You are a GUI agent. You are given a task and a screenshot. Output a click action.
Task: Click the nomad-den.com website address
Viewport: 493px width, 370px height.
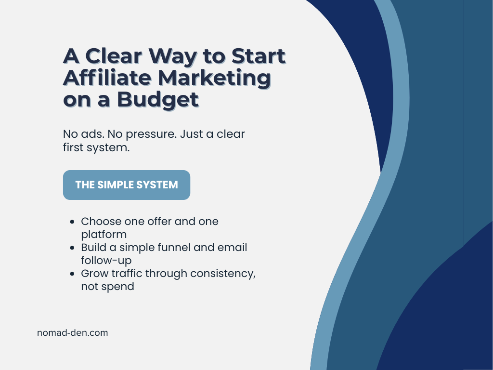[x=72, y=332]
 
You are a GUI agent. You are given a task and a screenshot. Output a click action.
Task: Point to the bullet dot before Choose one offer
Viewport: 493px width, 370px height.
[x=72, y=222]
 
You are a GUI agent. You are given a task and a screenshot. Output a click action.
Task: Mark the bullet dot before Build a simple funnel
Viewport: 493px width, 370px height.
[x=72, y=248]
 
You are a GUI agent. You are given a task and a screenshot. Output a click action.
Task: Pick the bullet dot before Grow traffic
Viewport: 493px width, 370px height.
[x=72, y=274]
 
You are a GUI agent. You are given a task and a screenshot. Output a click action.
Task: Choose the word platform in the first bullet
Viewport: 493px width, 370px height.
[x=104, y=235]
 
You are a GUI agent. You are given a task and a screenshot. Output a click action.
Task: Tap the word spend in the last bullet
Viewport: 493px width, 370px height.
[x=120, y=287]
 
